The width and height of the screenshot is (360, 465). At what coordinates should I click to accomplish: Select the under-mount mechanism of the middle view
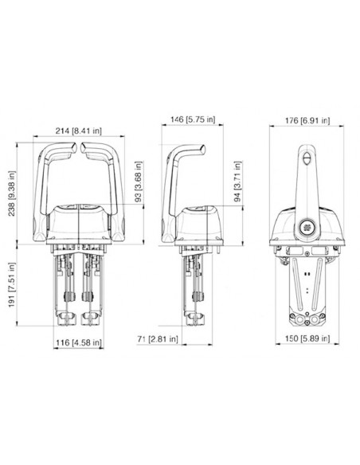191,283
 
